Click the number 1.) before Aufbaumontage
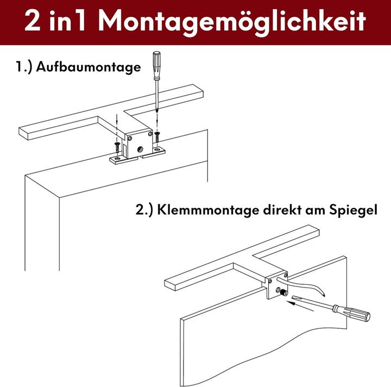pyautogui.click(x=25, y=68)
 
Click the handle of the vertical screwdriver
pyautogui.click(x=156, y=63)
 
